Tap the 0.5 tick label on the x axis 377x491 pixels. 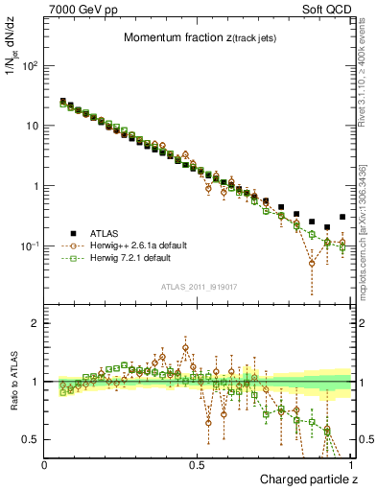[x=198, y=464]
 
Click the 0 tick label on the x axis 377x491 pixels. [x=45, y=464]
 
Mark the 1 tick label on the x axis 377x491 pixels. [x=350, y=464]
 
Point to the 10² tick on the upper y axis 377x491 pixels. [x=31, y=66]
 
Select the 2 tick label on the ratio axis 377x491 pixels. [x=35, y=323]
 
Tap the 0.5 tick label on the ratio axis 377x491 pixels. [x=31, y=439]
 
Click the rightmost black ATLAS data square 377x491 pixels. [x=342, y=217]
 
